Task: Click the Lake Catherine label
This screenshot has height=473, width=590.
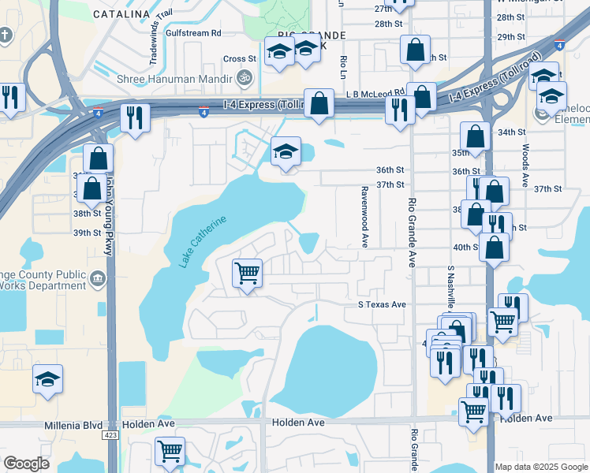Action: [x=204, y=241]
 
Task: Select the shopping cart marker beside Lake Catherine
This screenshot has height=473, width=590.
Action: [x=248, y=274]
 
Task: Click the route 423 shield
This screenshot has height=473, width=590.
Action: [x=110, y=434]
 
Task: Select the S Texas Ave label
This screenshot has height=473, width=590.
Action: [x=382, y=304]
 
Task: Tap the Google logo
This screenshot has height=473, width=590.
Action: [x=26, y=464]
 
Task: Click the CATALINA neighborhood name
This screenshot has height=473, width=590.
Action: [x=121, y=14]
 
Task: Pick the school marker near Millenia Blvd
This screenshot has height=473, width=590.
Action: [x=48, y=379]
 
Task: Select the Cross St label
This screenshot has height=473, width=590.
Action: [x=240, y=58]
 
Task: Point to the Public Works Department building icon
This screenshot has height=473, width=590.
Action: [x=98, y=277]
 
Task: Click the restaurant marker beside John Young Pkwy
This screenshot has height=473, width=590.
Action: [x=135, y=119]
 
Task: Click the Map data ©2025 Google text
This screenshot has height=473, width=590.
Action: [x=541, y=467]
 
